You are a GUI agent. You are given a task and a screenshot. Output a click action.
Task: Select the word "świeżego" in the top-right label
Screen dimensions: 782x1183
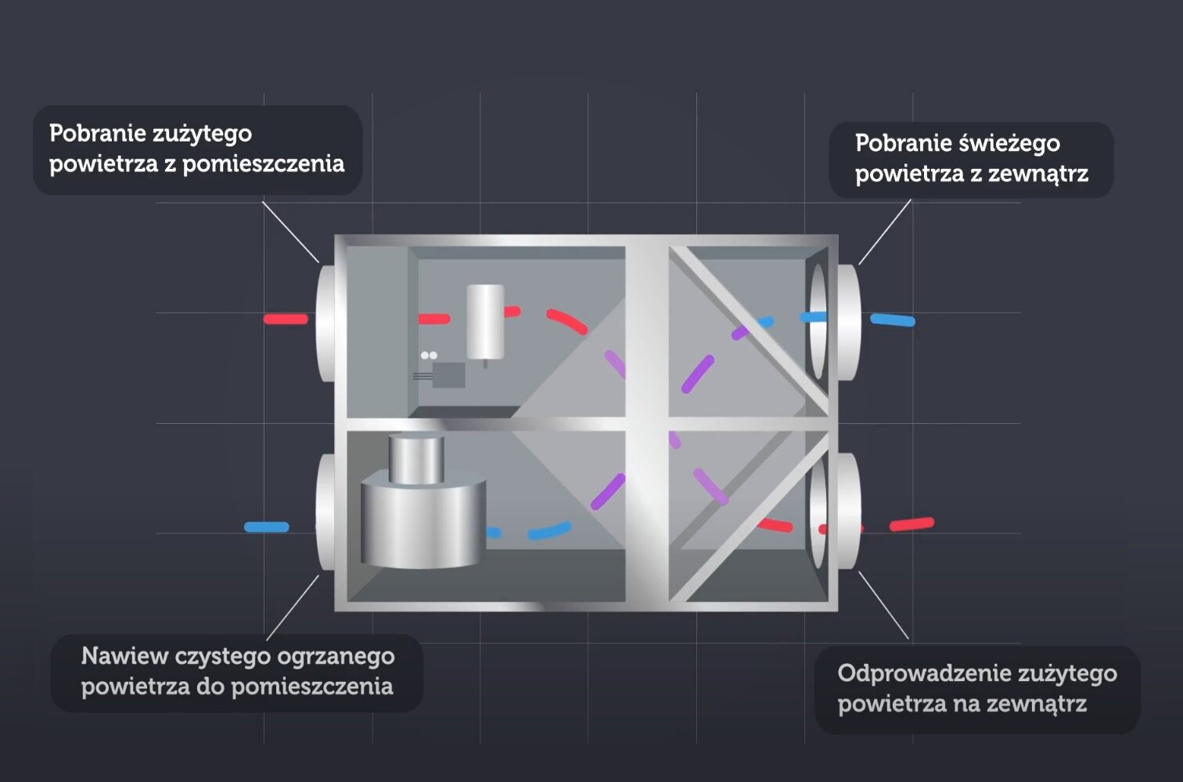pyautogui.click(x=1009, y=144)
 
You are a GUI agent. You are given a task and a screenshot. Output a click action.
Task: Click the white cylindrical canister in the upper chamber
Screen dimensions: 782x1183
pyautogui.click(x=485, y=321)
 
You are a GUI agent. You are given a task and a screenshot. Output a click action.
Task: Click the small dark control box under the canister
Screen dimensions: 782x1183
pyautogui.click(x=448, y=375)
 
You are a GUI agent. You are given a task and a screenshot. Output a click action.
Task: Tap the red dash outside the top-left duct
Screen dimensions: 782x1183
pyautogui.click(x=286, y=319)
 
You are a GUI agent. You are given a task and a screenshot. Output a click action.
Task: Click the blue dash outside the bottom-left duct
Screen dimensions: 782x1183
pyautogui.click(x=267, y=527)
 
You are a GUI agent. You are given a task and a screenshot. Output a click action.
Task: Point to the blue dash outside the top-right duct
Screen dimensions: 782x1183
pyautogui.click(x=893, y=320)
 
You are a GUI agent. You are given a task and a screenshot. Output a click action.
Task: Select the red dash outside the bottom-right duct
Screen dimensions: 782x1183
pyautogui.click(x=912, y=524)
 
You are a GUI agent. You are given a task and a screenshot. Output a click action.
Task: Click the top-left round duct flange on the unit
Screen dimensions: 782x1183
pyautogui.click(x=325, y=322)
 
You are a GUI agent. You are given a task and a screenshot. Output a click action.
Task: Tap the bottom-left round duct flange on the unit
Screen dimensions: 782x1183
pyautogui.click(x=325, y=512)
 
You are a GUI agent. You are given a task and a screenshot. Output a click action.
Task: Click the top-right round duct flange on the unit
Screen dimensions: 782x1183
pyautogui.click(x=847, y=322)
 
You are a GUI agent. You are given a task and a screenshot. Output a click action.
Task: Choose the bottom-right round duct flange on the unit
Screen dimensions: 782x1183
pyautogui.click(x=847, y=512)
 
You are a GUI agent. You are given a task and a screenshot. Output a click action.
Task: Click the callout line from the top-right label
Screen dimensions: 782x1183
pyautogui.click(x=885, y=231)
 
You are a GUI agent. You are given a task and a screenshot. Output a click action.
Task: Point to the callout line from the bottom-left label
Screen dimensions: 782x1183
pyautogui.click(x=293, y=608)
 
